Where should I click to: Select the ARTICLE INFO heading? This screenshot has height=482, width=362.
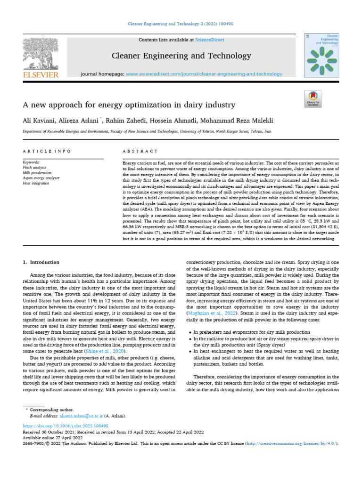pyautogui.click(x=47, y=151)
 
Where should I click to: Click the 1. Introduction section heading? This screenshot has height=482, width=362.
pyautogui.click(x=41, y=262)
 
